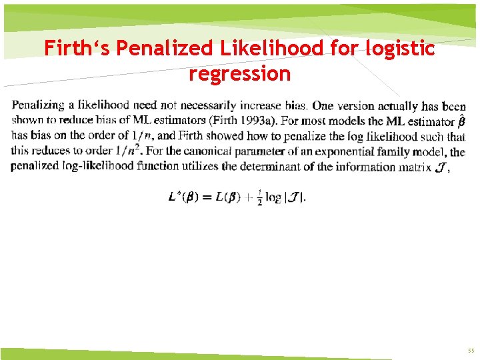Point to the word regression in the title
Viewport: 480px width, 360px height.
pos(239,73)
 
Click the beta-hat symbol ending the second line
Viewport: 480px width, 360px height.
pos(461,121)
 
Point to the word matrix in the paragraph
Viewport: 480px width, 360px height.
pos(414,166)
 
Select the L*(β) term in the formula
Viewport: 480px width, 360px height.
pos(183,197)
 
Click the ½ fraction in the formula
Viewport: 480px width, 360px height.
pos(259,198)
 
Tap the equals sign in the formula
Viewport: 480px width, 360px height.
pos(207,197)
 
